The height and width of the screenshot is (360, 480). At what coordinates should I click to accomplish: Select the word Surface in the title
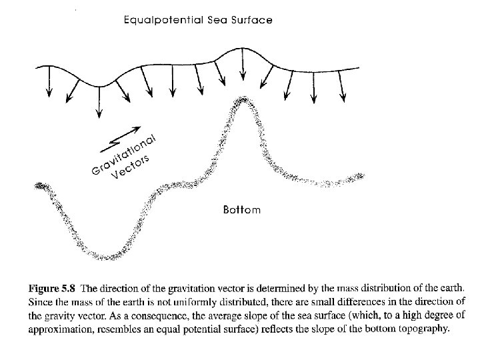pyautogui.click(x=253, y=20)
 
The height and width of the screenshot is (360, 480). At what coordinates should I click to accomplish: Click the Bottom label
pyautogui.click(x=241, y=209)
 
